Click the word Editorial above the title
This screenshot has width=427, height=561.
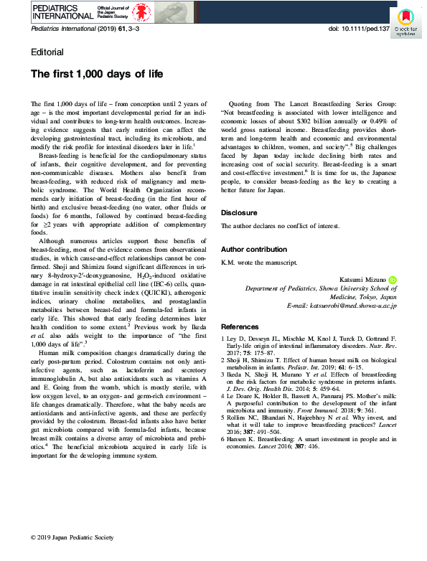point(47,52)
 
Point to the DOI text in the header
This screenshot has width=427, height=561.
point(359,30)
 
